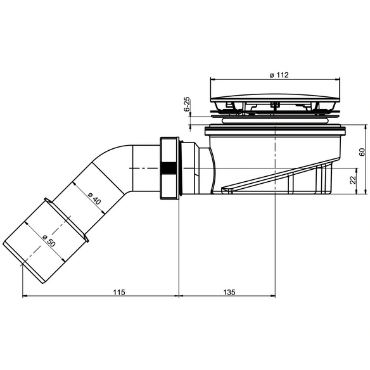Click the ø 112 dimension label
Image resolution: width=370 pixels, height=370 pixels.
coord(279,75)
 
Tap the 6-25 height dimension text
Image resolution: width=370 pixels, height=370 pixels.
coord(187,104)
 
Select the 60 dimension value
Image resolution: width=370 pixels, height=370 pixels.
coord(362,152)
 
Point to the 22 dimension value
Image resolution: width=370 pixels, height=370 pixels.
coord(352,180)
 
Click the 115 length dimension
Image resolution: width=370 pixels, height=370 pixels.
coord(118,292)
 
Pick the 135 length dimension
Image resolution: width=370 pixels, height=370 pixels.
coord(229,292)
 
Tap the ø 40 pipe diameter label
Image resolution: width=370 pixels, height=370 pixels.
coord(94,198)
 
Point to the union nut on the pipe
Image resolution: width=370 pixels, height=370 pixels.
coord(169,168)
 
